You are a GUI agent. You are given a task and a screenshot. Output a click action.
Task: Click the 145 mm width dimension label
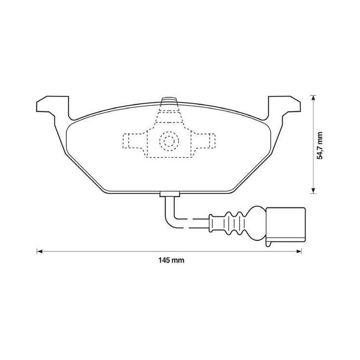(171, 261)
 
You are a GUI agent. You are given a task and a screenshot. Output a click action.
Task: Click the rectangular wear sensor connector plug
(286, 223)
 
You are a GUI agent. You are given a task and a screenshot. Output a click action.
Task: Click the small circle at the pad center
(168, 141)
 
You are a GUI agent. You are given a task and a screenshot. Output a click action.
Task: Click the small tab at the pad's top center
(168, 100)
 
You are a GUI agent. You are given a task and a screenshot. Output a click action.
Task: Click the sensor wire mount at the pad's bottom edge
(168, 194)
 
